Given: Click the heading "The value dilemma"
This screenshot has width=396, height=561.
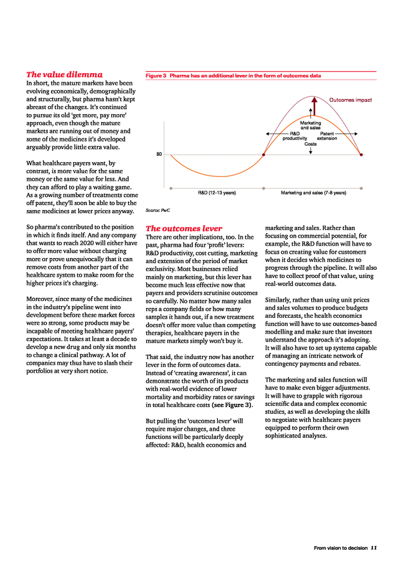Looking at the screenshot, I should click(x=64, y=74).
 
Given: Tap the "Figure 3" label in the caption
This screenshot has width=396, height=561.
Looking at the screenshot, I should click(x=156, y=75).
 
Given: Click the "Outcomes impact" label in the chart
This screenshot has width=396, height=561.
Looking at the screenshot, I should click(x=351, y=100).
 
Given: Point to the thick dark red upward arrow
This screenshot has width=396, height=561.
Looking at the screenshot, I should click(x=314, y=106).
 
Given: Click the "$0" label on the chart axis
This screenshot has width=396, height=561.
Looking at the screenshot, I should click(x=159, y=153).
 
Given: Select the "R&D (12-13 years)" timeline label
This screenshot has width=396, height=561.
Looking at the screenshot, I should click(x=217, y=193).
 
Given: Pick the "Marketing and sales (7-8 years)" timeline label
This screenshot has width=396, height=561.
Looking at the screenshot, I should click(x=313, y=193).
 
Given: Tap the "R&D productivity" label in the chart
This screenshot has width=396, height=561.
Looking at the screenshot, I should click(x=295, y=135).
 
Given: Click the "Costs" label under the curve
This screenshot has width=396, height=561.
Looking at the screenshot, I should click(x=310, y=144).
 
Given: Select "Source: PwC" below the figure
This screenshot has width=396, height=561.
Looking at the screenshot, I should click(x=157, y=211).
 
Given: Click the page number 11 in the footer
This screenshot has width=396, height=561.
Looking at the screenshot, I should click(x=374, y=548).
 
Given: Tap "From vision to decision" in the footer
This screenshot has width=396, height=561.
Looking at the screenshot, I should click(x=341, y=548).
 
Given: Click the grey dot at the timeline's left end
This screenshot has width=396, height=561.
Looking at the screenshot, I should click(x=170, y=188).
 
